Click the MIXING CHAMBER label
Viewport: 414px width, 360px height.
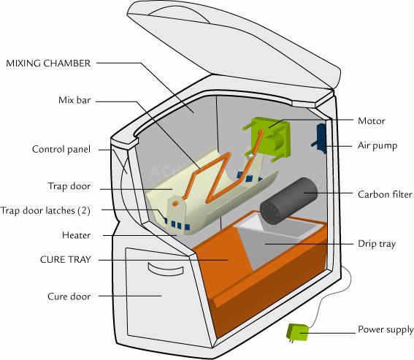48,64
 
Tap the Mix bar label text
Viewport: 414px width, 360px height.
74,100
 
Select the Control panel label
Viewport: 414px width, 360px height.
61,150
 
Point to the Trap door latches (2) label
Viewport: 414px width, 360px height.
45,210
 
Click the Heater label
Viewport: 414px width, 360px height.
77,235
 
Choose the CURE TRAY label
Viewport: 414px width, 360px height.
66,259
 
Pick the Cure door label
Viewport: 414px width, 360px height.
69,296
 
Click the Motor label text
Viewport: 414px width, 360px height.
371,121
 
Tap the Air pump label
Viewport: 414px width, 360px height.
377,146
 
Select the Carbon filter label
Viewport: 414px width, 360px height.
385,194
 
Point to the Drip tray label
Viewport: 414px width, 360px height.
377,244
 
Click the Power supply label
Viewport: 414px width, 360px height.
386,329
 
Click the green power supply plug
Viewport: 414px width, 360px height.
298,332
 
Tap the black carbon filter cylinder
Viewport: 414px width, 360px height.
288,202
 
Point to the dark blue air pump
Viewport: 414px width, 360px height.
320,139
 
